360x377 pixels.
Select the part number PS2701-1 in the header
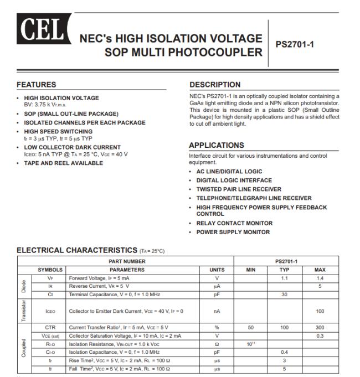[x=295, y=44]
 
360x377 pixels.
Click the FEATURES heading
[x=37, y=85]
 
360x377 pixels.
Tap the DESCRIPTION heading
[x=215, y=85]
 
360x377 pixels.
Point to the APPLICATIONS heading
[x=217, y=145]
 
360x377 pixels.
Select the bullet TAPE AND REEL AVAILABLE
[x=63, y=163]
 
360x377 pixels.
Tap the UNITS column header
[x=217, y=269]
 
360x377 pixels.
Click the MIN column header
[x=250, y=269]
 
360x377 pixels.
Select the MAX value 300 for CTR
[x=320, y=327]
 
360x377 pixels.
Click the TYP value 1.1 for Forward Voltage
[x=285, y=278]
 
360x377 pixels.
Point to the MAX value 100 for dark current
[x=320, y=311]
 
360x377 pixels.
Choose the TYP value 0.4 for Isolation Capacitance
[x=285, y=352]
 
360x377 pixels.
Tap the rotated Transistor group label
[x=24, y=311]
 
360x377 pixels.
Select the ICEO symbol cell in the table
[x=50, y=311]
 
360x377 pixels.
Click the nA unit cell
[x=217, y=311]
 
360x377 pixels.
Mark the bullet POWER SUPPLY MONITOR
[x=233, y=232]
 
